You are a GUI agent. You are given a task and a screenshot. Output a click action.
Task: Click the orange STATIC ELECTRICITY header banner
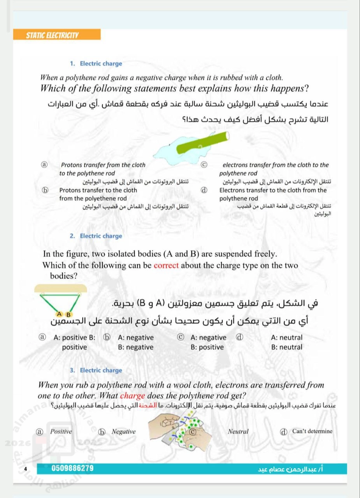(57, 35)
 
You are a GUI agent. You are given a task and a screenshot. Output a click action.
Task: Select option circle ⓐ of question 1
(45, 165)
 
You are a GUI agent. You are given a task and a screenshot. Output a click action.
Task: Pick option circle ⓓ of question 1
(203, 190)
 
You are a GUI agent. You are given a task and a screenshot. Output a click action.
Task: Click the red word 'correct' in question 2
(166, 266)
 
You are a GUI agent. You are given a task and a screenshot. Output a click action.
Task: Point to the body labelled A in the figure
(59, 314)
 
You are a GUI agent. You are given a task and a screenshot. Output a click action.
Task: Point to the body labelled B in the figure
(68, 314)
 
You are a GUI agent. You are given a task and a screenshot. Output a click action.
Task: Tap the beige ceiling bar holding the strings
(60, 288)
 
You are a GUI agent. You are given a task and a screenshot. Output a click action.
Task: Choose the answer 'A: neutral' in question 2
(286, 338)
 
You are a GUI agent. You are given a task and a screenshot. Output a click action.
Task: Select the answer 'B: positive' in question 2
(207, 347)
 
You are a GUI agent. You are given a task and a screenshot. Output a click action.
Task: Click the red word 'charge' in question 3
(133, 396)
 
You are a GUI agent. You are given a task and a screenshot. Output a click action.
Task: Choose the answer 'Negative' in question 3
(123, 431)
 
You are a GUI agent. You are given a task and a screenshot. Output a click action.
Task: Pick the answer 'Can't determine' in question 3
(312, 431)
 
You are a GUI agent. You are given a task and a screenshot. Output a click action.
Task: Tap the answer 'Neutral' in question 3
(238, 431)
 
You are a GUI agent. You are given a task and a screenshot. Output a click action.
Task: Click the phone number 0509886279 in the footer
(72, 468)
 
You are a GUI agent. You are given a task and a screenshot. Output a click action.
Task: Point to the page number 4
(25, 469)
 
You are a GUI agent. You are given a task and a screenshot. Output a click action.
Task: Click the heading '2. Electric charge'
(101, 236)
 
